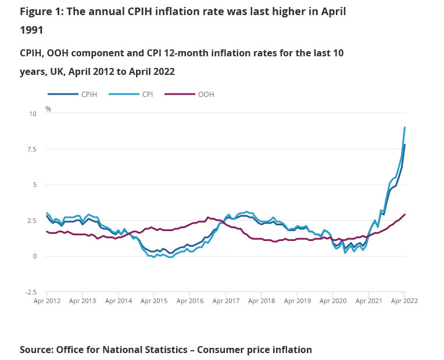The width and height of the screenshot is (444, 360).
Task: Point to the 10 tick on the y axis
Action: pyautogui.click(x=33, y=114)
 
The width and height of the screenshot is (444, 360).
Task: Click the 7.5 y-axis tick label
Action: pyautogui.click(x=31, y=149)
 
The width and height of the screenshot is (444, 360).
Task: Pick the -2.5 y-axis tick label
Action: pyautogui.click(x=30, y=292)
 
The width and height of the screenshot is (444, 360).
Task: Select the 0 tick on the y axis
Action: pyautogui.click(x=34, y=256)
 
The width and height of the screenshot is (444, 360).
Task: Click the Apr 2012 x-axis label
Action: pyautogui.click(x=47, y=301)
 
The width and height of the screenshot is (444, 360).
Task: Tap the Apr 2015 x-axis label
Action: pyautogui.click(x=154, y=301)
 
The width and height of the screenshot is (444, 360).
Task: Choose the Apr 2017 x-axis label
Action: pyautogui.click(x=225, y=301)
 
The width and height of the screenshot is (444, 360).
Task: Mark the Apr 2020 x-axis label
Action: pyautogui.click(x=332, y=301)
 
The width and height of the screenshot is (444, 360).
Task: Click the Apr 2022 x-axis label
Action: pyautogui.click(x=404, y=301)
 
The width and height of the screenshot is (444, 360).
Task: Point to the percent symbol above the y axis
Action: pyautogui.click(x=48, y=109)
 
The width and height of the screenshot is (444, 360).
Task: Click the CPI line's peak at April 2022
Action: pyautogui.click(x=404, y=128)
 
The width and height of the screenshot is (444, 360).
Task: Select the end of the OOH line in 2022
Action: pyautogui.click(x=404, y=214)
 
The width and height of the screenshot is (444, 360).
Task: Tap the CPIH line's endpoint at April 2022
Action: pyautogui.click(x=404, y=145)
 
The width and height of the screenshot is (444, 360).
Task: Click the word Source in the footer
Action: pyautogui.click(x=37, y=350)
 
